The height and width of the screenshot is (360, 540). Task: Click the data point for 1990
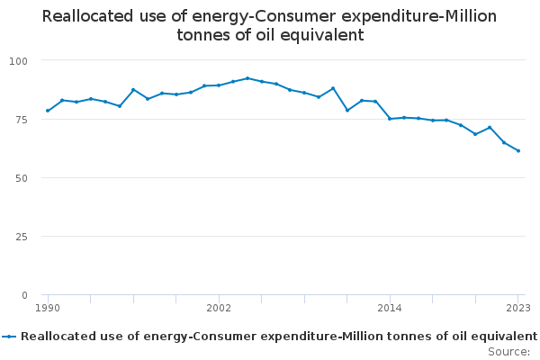click(x=48, y=111)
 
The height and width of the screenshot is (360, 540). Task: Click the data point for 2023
click(x=518, y=150)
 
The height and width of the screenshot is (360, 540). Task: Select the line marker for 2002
click(x=219, y=85)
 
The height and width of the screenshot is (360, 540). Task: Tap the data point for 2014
click(x=390, y=119)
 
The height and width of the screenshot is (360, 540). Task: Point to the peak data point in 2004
click(x=247, y=78)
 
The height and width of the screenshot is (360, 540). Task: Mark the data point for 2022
click(x=504, y=142)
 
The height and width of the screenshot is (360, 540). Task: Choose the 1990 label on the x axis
click(x=48, y=308)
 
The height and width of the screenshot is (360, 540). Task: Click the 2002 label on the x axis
click(x=219, y=308)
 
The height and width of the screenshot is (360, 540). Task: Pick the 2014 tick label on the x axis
click(x=390, y=308)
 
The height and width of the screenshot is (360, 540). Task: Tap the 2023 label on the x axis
click(x=518, y=308)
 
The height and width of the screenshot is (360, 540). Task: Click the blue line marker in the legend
click(x=9, y=337)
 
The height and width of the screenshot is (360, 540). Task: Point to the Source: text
click(x=508, y=351)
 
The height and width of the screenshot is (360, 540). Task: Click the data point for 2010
click(x=333, y=88)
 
